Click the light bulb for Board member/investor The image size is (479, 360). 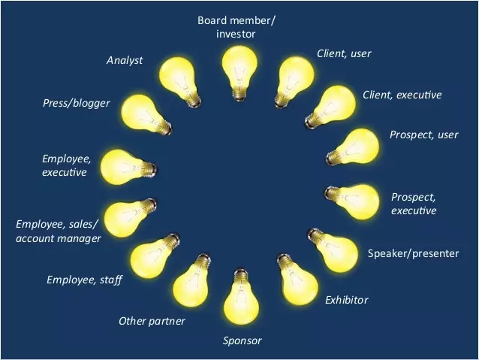click(239, 73)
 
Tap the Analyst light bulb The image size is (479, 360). click(179, 81)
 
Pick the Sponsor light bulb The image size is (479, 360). click(241, 297)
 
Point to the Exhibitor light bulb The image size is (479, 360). click(297, 280)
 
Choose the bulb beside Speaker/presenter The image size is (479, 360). click(333, 250)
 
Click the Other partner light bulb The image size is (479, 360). click(192, 280)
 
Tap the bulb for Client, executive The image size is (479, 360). click(330, 107)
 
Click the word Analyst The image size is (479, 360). click(125, 60)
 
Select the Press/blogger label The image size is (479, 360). click(77, 103)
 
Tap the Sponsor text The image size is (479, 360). click(242, 340)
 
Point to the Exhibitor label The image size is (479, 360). click(346, 300)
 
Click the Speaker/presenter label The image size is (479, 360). click(413, 253)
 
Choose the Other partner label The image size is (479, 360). click(152, 321)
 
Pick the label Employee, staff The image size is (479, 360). click(84, 280)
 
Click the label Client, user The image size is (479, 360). click(344, 53)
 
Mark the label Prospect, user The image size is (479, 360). click(424, 135)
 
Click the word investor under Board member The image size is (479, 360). click(236, 34)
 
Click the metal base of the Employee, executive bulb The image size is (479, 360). click(149, 169)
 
